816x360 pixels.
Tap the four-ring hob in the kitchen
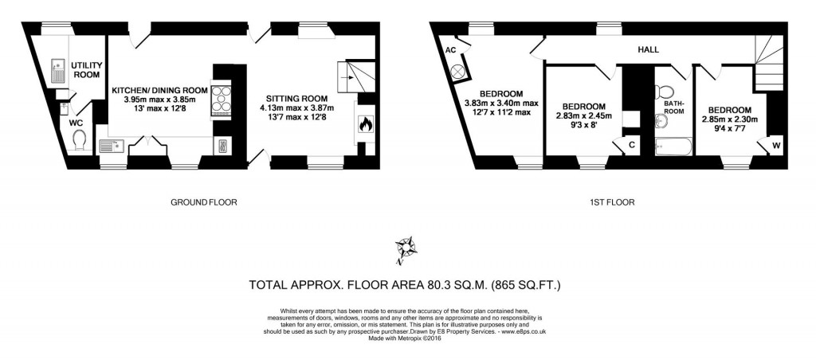click(220, 99)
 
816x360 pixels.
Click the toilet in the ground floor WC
click(79, 140)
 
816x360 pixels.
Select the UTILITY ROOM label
click(86, 69)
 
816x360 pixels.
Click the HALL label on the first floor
click(648, 49)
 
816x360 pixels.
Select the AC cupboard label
click(450, 49)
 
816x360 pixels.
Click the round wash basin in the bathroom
click(661, 121)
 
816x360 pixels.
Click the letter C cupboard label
click(631, 145)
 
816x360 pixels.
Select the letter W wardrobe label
click(776, 145)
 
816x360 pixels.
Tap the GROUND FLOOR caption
click(204, 202)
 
